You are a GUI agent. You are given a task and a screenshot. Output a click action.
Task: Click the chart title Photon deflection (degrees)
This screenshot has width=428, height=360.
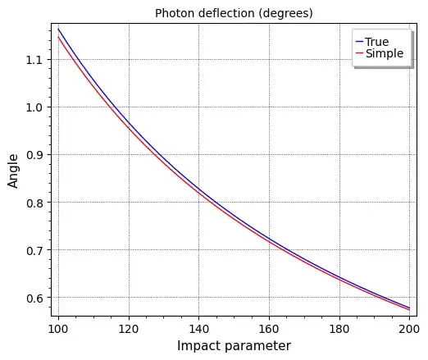[234, 13]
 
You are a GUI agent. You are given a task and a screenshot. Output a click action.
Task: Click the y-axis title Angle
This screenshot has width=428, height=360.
[13, 174]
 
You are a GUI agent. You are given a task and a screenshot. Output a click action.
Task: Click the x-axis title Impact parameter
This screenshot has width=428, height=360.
[234, 346]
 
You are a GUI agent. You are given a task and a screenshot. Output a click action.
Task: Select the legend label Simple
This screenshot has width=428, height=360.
[384, 54]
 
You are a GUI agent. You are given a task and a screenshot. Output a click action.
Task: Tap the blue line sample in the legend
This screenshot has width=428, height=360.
[359, 42]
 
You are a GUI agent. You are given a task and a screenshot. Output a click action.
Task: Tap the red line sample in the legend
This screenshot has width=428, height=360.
[359, 54]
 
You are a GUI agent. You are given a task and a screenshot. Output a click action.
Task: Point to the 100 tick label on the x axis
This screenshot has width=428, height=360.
[58, 329]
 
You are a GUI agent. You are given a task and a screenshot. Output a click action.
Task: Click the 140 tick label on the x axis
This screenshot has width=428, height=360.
[198, 329]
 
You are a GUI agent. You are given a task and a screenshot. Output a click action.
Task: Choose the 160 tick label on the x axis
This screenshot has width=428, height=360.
[269, 329]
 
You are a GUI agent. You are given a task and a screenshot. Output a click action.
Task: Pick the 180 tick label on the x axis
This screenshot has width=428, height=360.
[339, 329]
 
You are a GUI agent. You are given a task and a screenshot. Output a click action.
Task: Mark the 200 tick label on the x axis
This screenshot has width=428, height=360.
[408, 329]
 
